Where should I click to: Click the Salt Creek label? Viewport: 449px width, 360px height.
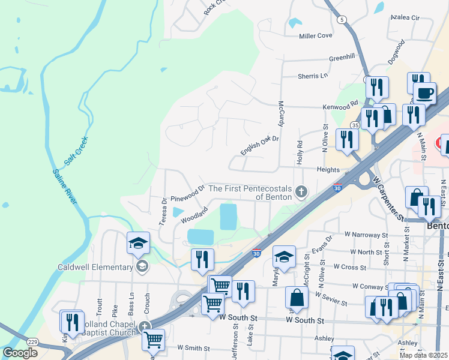(76, 151)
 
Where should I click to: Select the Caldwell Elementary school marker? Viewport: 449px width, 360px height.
(142, 267)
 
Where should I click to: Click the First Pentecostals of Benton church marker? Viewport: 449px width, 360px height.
(301, 192)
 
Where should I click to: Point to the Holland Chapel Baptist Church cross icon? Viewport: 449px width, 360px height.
(145, 328)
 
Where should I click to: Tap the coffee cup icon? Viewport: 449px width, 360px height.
(425, 93)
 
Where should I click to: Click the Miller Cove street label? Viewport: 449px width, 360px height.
(316, 36)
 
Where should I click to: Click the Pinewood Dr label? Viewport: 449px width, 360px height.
(188, 193)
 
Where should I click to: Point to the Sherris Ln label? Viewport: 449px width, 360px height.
(313, 76)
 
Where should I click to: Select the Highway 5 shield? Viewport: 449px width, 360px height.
(342, 20)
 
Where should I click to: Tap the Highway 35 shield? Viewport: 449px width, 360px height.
(355, 125)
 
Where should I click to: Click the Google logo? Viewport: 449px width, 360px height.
(20, 353)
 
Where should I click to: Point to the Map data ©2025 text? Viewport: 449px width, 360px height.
(424, 355)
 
